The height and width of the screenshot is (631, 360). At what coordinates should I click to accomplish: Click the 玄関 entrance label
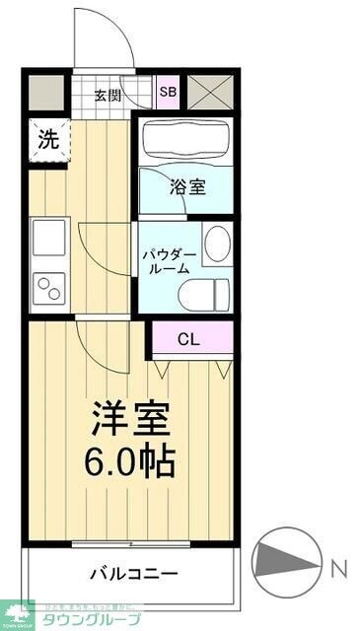pyautogui.click(x=108, y=96)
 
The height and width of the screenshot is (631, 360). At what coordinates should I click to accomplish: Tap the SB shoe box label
pyautogui.click(x=169, y=92)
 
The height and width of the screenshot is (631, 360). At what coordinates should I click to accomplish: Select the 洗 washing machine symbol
pyautogui.click(x=47, y=140)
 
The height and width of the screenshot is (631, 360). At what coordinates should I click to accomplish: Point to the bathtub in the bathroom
pyautogui.click(x=186, y=141)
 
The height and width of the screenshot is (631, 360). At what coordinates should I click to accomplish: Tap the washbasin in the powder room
pyautogui.click(x=217, y=243)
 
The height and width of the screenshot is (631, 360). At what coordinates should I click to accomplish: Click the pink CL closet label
pyautogui.click(x=190, y=338)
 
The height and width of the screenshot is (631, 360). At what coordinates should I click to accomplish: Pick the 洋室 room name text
pyautogui.click(x=132, y=418)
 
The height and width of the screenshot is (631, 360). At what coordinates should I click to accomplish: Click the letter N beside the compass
pyautogui.click(x=338, y=569)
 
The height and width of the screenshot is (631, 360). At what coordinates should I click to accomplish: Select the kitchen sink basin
pyautogui.click(x=48, y=239)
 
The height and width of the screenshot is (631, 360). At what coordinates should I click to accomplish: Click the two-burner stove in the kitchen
pyautogui.click(x=48, y=289)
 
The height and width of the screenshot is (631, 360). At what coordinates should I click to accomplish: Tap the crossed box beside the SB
pyautogui.click(x=210, y=92)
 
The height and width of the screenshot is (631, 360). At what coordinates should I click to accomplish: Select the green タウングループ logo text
pyautogui.click(x=89, y=619)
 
